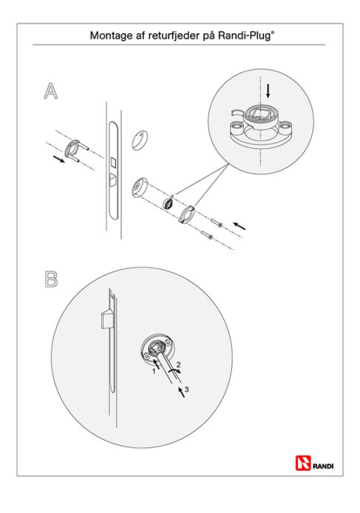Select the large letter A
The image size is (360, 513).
coord(51,91)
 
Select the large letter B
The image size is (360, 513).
coord(51,279)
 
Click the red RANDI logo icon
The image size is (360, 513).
coord(303,463)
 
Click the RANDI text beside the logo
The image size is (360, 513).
coord(323,466)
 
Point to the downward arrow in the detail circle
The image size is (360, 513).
coord(268,91)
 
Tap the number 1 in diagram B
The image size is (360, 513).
coord(154,371)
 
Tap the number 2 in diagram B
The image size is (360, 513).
coord(178,364)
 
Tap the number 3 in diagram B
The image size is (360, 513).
coord(186,389)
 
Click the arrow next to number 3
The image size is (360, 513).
coord(181,392)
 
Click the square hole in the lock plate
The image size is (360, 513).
coord(113,162)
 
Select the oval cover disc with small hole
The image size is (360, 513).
coord(140,140)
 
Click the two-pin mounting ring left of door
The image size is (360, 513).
coord(76,150)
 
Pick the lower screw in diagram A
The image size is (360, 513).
coord(207,234)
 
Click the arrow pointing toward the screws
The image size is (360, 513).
coord(239,225)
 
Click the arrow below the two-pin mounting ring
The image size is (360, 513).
coord(58,159)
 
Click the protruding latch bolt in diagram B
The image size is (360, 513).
coord(106,319)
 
